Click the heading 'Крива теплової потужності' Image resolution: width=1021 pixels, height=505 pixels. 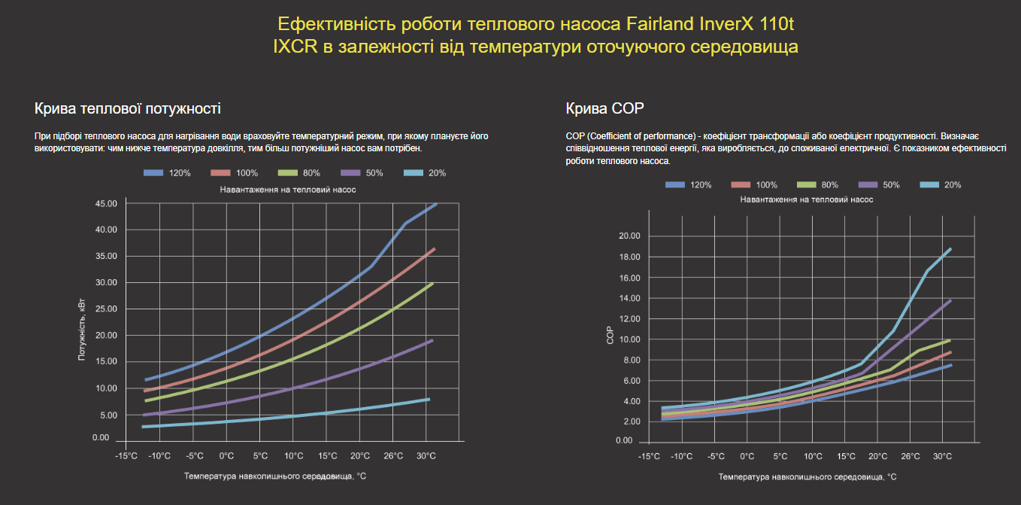pyautogui.click(x=128, y=108)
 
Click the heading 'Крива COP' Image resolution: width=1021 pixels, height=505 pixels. pyautogui.click(x=605, y=108)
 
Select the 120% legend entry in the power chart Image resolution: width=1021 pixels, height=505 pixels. pyautogui.click(x=167, y=173)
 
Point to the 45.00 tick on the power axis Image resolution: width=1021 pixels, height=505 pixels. pyautogui.click(x=106, y=204)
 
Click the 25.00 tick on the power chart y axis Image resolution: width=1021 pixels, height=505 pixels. pyautogui.click(x=106, y=309)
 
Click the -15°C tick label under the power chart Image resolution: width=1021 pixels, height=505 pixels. pyautogui.click(x=126, y=456)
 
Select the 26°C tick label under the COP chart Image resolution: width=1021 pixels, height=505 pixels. pyautogui.click(x=910, y=456)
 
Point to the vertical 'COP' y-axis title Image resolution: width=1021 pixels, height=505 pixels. pyautogui.click(x=610, y=336)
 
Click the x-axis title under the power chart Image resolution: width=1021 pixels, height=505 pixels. pyautogui.click(x=275, y=476)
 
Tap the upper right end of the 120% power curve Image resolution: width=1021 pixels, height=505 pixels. pyautogui.click(x=435, y=204)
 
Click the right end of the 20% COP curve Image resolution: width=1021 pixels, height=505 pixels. pyautogui.click(x=951, y=248)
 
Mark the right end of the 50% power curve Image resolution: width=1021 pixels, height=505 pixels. pyautogui.click(x=432, y=340)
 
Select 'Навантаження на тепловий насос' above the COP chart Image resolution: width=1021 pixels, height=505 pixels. pyautogui.click(x=807, y=200)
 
